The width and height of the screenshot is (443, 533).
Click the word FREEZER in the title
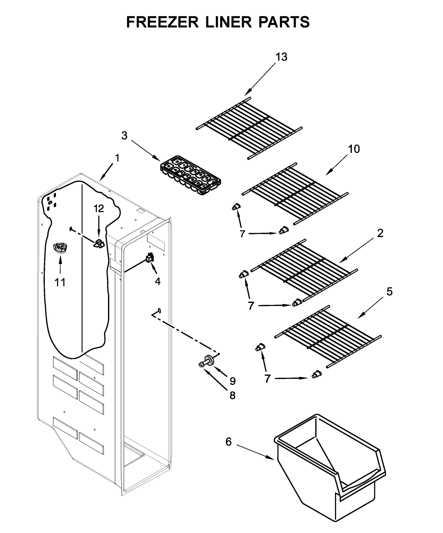[x=163, y=22]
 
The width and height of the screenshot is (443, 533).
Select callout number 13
[x=281, y=57]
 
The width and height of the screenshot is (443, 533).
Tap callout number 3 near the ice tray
[x=124, y=136]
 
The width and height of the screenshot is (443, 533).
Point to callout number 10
[x=354, y=149]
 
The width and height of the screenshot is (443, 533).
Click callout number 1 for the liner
[x=117, y=158]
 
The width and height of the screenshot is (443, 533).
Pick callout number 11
[x=60, y=282]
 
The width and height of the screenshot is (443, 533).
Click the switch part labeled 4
[x=150, y=258]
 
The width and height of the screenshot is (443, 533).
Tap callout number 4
[x=158, y=281]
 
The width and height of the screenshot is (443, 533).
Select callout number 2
[x=380, y=233]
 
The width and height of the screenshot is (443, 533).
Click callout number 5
[x=389, y=292]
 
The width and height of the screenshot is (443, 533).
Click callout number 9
[x=233, y=381]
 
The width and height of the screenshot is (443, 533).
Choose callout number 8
[x=233, y=395]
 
